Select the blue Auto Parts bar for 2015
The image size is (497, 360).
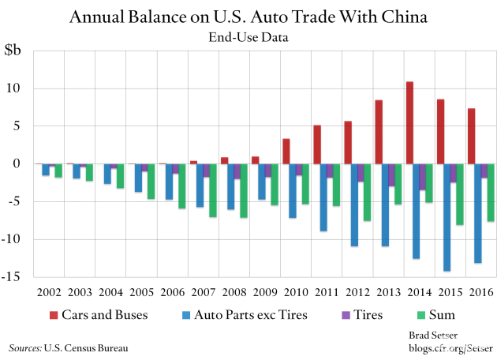pyautogui.click(x=447, y=217)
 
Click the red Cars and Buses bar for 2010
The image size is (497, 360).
pyautogui.click(x=286, y=151)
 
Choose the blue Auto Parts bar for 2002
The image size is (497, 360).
pyautogui.click(x=47, y=169)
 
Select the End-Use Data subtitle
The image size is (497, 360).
pyautogui.click(x=248, y=36)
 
